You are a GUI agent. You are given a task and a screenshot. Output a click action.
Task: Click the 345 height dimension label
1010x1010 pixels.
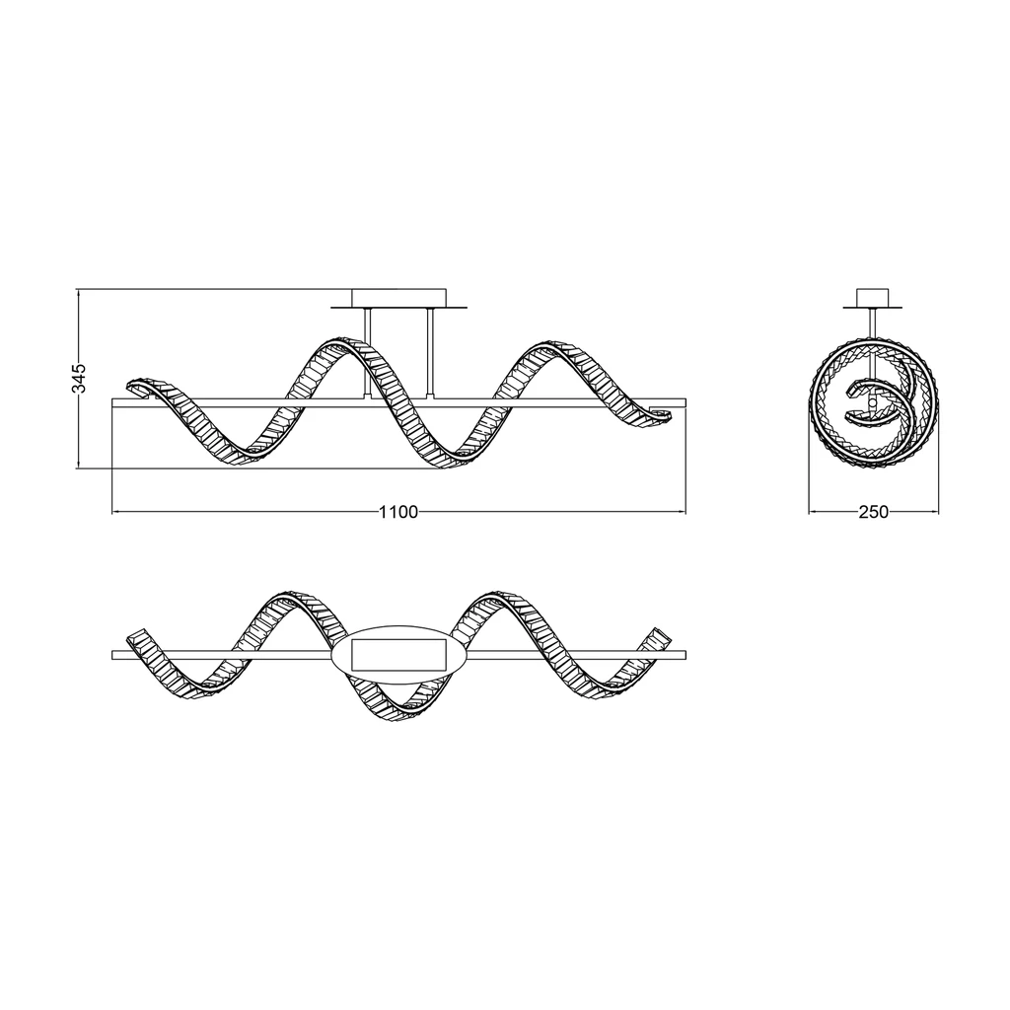(79, 378)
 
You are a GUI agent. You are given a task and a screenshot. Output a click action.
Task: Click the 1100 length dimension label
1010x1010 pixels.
(398, 512)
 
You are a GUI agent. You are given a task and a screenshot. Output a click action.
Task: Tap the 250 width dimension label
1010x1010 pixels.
(874, 512)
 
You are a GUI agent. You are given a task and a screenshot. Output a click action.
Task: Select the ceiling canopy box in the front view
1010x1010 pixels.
(398, 298)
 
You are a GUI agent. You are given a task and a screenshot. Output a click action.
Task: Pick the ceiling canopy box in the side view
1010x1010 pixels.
(874, 298)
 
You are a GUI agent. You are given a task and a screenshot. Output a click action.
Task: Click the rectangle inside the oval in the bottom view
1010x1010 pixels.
(398, 655)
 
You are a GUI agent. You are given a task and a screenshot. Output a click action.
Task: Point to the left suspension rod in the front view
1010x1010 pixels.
(368, 354)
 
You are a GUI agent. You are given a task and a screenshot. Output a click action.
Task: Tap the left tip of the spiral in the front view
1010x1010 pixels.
(127, 386)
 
